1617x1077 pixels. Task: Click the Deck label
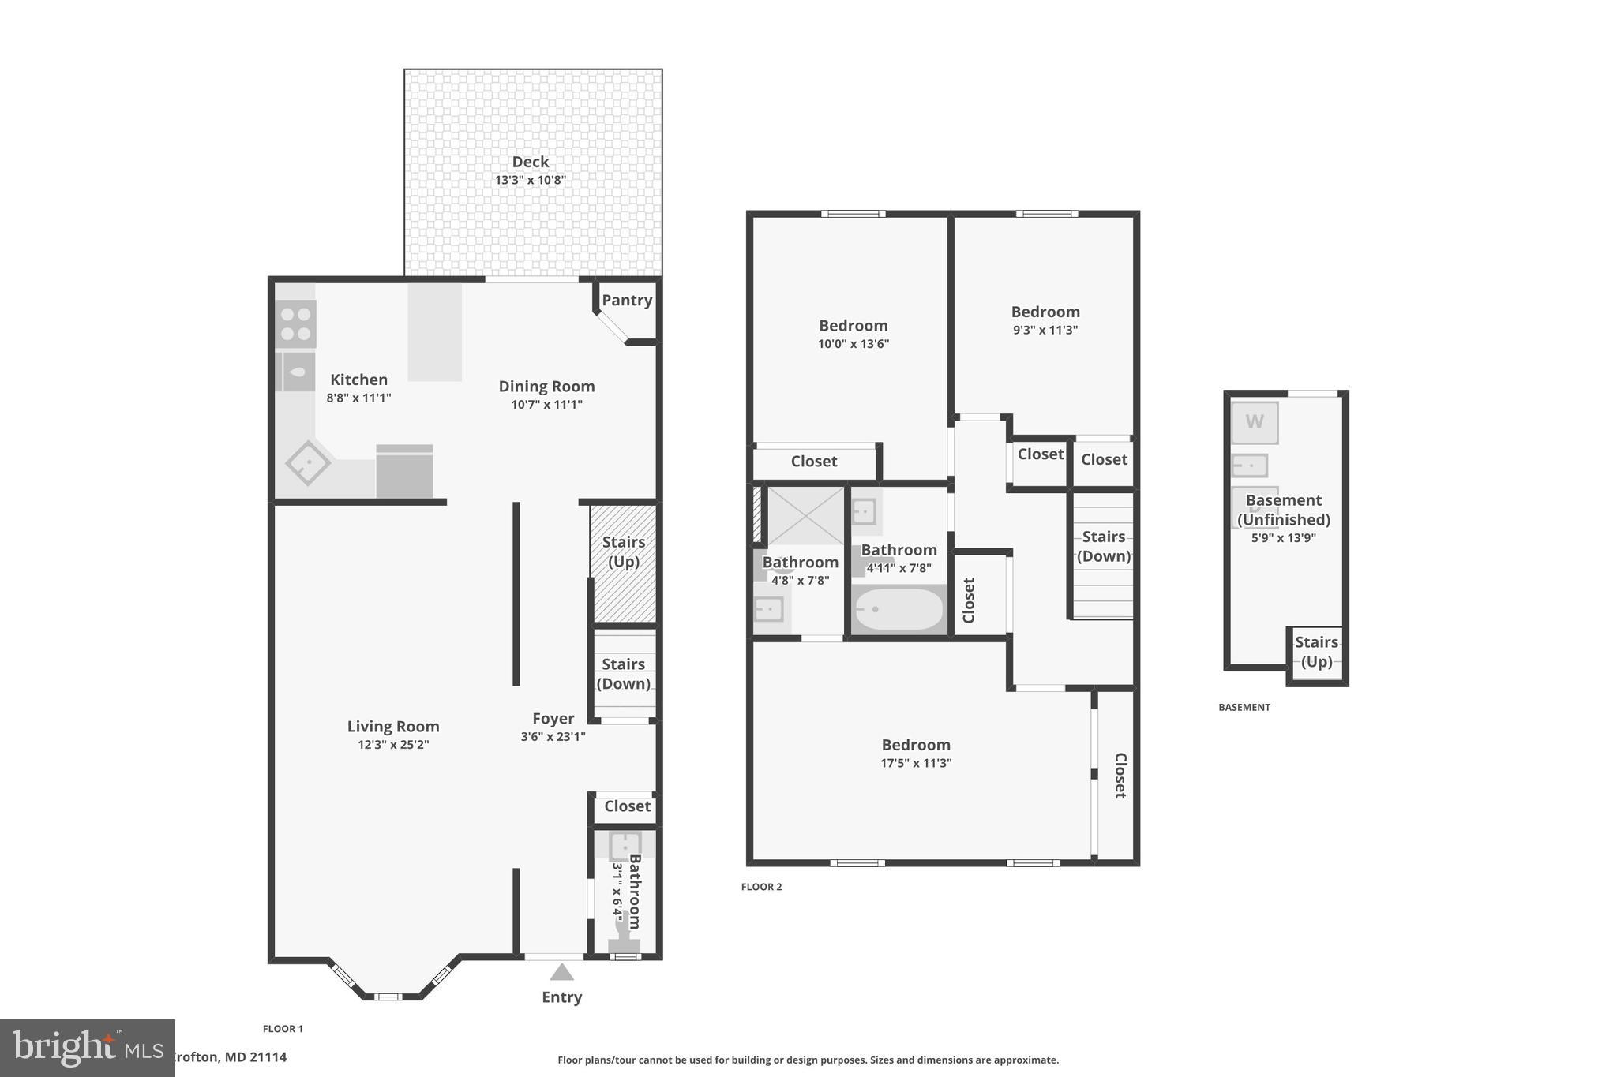(x=530, y=162)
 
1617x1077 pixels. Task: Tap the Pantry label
(x=627, y=300)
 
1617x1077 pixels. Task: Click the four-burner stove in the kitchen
(x=296, y=323)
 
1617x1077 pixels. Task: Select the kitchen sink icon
(x=296, y=372)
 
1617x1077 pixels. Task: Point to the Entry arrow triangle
(x=561, y=972)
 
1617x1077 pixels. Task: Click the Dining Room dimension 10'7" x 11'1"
(x=546, y=405)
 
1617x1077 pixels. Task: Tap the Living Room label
(x=393, y=726)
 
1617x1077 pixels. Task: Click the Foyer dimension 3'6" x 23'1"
(x=553, y=737)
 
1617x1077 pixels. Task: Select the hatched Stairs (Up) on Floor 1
(x=624, y=562)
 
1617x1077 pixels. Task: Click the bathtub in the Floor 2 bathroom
(x=899, y=609)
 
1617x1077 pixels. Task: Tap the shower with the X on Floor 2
(x=805, y=515)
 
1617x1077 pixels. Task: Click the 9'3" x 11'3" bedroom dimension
(x=1045, y=330)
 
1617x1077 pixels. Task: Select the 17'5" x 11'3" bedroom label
(x=916, y=745)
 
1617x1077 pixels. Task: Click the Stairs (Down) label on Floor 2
(x=1103, y=546)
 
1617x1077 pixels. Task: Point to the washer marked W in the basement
(x=1255, y=422)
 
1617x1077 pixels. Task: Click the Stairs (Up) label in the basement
(x=1316, y=652)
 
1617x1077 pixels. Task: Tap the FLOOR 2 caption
(x=761, y=887)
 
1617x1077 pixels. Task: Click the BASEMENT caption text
(x=1244, y=707)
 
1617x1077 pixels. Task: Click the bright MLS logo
(x=87, y=1048)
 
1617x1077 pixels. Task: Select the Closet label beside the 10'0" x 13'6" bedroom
(x=814, y=462)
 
